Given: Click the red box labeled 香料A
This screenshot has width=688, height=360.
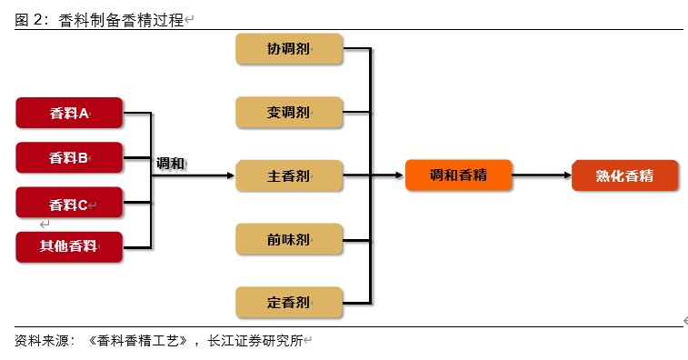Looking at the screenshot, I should (x=69, y=114).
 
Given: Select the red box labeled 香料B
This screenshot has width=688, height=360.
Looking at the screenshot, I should (x=69, y=158).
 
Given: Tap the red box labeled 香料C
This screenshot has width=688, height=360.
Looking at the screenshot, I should (x=69, y=204).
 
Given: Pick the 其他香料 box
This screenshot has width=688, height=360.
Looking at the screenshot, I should (x=69, y=246).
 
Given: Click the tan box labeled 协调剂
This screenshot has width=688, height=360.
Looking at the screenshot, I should (x=289, y=49).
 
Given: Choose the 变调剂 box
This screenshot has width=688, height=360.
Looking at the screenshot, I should (x=289, y=113).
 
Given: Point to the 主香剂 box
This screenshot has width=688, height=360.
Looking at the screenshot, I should (x=289, y=175).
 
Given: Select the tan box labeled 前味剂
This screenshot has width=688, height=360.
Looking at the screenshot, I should (x=289, y=239).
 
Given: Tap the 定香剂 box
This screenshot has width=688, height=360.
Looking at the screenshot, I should (x=289, y=302).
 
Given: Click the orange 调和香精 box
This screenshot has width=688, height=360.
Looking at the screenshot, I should (x=458, y=175).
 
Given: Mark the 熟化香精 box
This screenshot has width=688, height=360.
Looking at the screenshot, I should (x=624, y=175).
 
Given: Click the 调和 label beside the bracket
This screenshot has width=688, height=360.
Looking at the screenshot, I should (x=170, y=164).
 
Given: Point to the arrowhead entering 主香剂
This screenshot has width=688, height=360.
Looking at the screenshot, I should (x=230, y=175).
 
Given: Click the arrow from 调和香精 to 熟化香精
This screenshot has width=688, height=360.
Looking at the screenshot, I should (x=542, y=175).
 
